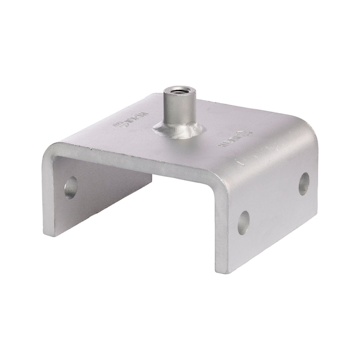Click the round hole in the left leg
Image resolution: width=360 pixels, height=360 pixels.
pos(70,187)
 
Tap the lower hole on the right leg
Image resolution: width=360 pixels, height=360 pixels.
pos(243,222)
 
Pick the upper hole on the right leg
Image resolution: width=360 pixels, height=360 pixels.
pos(304,183)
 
